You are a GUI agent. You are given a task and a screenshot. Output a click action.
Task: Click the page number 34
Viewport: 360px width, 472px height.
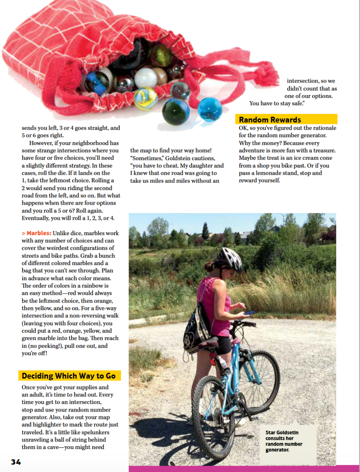[16, 462]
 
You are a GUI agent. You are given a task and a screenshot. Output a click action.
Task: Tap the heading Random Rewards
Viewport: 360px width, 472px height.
[270, 120]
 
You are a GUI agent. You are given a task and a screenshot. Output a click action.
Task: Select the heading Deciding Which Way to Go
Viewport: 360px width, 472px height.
[68, 376]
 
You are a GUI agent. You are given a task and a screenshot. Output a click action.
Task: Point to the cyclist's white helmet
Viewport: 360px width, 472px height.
[230, 260]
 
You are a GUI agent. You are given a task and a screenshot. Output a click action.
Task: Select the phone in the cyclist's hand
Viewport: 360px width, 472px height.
[249, 312]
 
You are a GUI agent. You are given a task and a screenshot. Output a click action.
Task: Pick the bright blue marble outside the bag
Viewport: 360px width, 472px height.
[210, 109]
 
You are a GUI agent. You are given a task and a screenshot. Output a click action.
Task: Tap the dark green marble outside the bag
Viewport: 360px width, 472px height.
[176, 111]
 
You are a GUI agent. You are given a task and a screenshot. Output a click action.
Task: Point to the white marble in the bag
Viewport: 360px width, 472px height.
[146, 78]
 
